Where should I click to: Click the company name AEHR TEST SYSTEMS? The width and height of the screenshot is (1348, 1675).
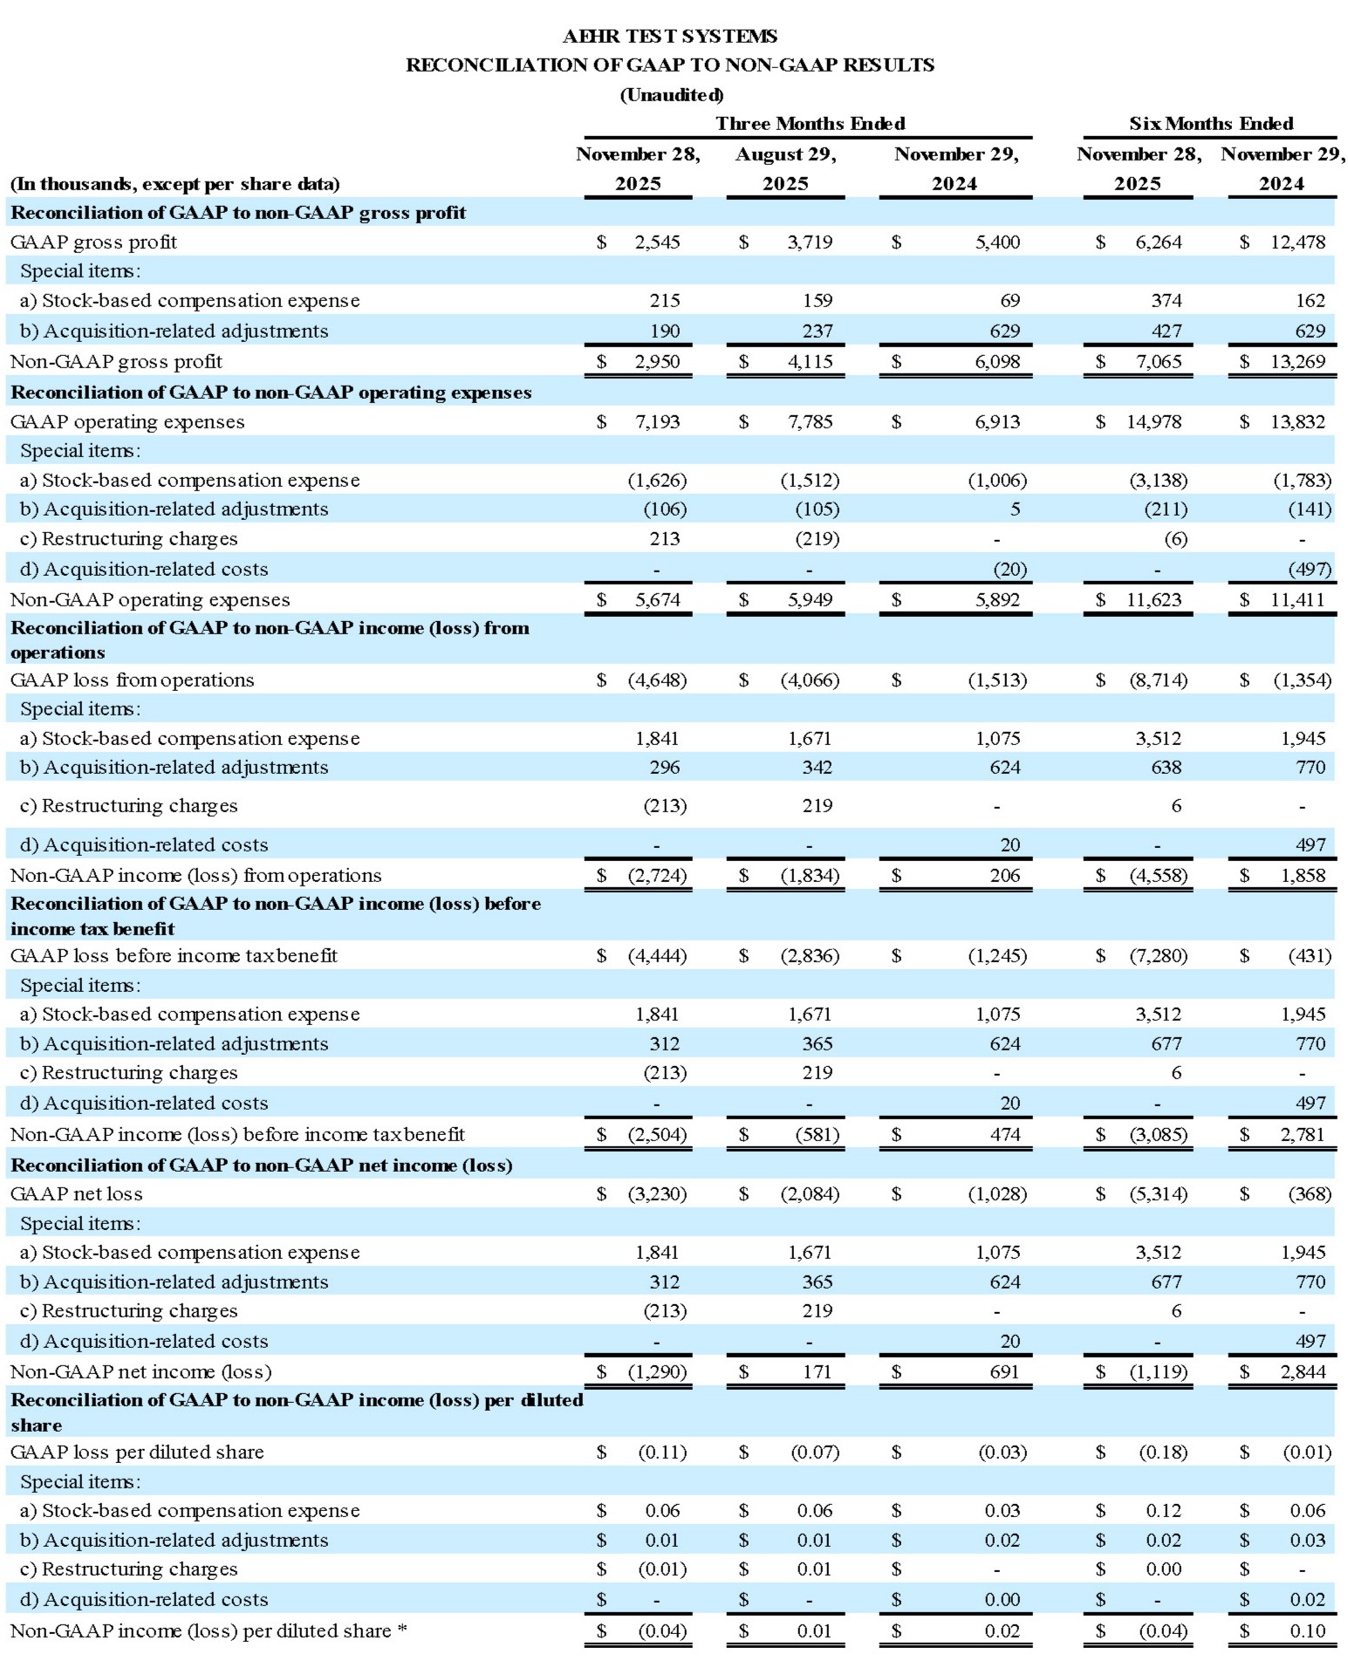click(669, 36)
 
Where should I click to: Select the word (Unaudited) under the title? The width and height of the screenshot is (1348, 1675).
click(671, 94)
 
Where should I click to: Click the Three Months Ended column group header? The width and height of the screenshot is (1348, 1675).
click(810, 123)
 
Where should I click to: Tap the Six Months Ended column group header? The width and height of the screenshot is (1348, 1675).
click(1210, 123)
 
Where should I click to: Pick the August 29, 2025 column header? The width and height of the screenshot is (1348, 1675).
click(785, 168)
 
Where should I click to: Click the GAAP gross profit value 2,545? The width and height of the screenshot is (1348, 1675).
click(657, 243)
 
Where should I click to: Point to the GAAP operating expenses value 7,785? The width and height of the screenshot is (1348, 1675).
click(810, 422)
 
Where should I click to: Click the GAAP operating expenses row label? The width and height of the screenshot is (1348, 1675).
click(127, 422)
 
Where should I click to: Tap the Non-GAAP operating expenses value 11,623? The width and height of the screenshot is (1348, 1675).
click(1153, 600)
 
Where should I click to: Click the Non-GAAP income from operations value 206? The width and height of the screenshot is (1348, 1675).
click(1004, 876)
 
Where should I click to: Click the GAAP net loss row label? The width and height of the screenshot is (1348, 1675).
click(76, 1194)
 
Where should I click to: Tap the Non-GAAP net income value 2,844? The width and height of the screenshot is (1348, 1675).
click(1303, 1372)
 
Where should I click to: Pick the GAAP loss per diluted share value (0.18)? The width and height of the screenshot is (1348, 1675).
click(1163, 1453)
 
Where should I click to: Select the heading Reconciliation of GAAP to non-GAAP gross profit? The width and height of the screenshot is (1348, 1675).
click(238, 213)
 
